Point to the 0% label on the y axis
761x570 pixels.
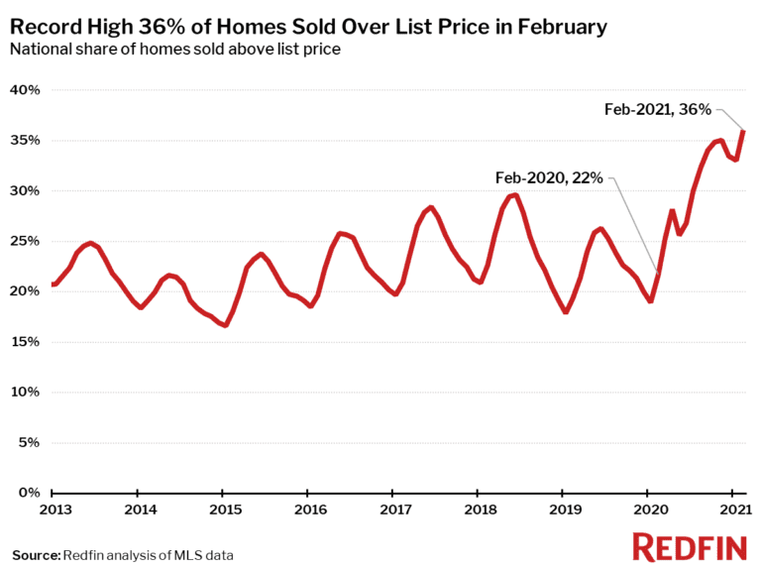pyautogui.click(x=28, y=493)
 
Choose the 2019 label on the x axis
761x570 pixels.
pyautogui.click(x=563, y=510)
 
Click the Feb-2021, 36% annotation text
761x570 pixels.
pyautogui.click(x=657, y=109)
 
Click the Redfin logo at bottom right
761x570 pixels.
pyautogui.click(x=690, y=546)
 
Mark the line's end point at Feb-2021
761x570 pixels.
pyautogui.click(x=744, y=131)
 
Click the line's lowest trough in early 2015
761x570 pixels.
pyautogui.click(x=225, y=324)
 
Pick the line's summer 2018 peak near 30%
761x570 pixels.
pyautogui.click(x=514, y=194)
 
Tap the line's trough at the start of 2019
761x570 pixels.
pyautogui.click(x=565, y=311)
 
